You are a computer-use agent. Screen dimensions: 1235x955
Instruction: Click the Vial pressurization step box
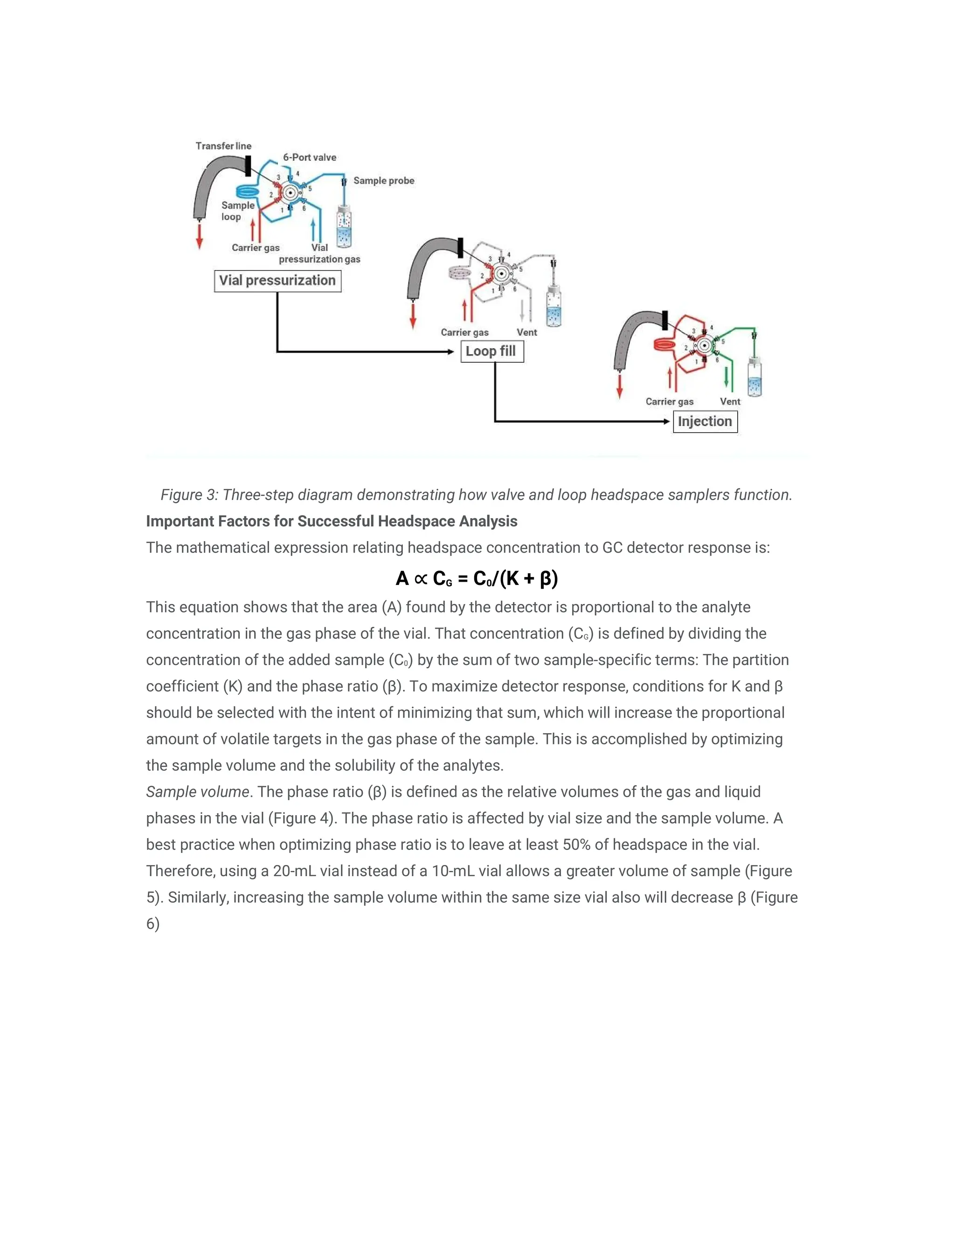[x=277, y=281]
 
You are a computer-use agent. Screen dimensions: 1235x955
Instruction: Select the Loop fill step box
[x=491, y=351]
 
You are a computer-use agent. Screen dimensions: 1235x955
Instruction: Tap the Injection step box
[x=705, y=422]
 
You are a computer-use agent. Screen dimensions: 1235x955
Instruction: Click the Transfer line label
[x=223, y=146]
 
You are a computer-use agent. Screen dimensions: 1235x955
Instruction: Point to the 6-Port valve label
[x=310, y=157]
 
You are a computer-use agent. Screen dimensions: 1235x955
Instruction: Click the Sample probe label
[x=384, y=180]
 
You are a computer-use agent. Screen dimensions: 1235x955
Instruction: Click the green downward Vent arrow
[x=727, y=378]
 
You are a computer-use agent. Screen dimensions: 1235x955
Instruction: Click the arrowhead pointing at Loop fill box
[x=450, y=352]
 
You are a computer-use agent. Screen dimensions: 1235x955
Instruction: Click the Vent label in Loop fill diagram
[x=527, y=332]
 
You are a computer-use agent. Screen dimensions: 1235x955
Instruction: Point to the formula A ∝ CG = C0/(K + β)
[x=477, y=578]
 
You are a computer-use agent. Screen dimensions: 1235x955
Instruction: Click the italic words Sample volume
[x=197, y=792]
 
